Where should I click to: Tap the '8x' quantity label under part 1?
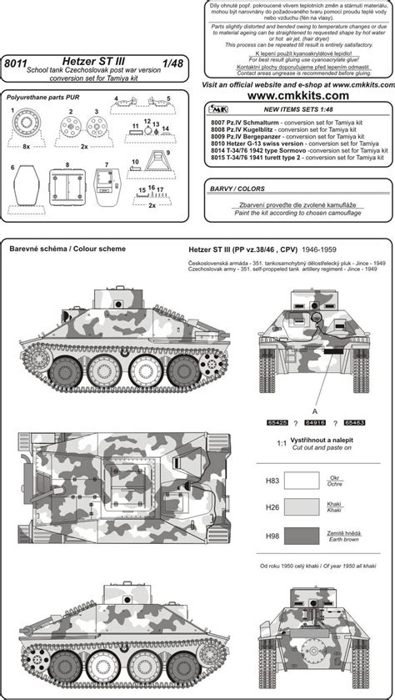point(27,146)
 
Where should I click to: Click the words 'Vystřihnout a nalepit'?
point(316,447)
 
